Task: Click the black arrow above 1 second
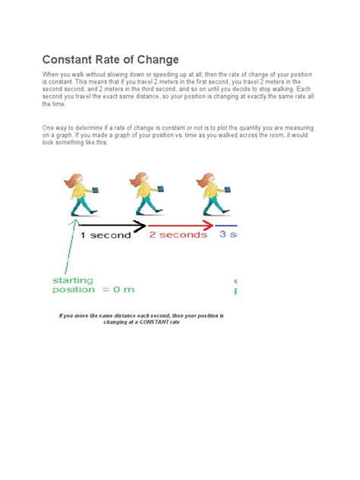coord(111,226)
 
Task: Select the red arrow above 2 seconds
coord(179,226)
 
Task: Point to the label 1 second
coord(106,235)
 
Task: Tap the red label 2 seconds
coord(178,235)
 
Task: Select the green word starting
coord(72,280)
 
